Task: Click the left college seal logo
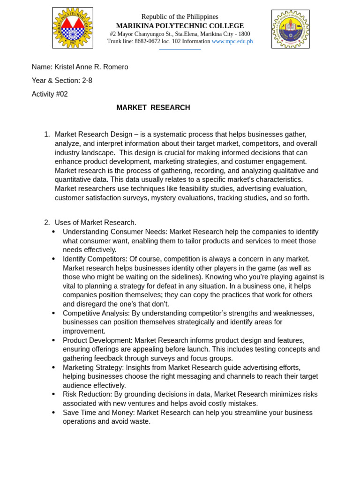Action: [73, 28]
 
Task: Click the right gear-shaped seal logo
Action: [290, 29]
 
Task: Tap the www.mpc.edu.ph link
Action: [232, 41]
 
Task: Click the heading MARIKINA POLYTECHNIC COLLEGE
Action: [180, 26]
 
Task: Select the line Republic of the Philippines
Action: [180, 17]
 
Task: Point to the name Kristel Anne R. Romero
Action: [91, 67]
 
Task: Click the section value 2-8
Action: [87, 81]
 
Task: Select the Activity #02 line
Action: [50, 94]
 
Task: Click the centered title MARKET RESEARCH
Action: [153, 108]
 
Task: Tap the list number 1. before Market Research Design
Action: [47, 135]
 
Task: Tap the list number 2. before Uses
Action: [47, 223]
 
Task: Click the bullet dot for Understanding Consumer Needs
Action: [53, 232]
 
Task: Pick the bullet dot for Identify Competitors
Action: [53, 259]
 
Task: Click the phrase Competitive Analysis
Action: [96, 313]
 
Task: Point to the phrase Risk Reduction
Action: [87, 394]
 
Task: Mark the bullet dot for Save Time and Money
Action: [53, 412]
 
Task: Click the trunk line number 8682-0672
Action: [147, 41]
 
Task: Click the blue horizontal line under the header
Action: [180, 49]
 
